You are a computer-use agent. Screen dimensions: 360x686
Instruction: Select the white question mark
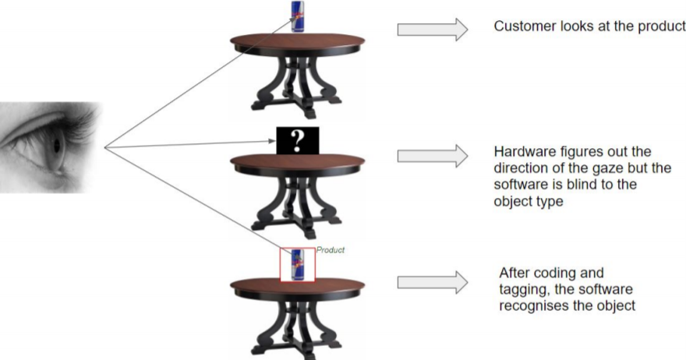(x=297, y=140)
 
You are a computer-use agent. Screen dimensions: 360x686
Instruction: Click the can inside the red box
(x=297, y=264)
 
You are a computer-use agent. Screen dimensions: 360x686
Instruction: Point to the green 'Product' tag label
(x=330, y=250)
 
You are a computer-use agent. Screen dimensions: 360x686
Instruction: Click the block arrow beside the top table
(x=432, y=30)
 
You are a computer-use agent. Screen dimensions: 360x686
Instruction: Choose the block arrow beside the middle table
(x=432, y=155)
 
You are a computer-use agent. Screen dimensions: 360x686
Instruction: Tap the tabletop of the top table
(x=297, y=40)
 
